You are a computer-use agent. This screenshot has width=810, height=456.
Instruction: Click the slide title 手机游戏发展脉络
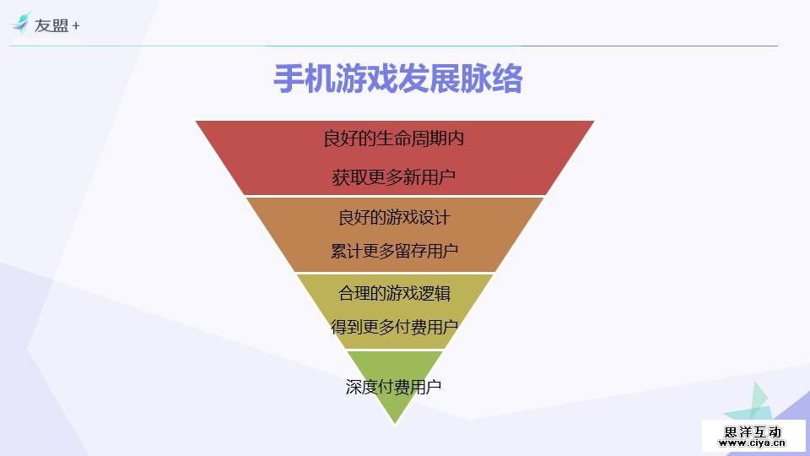[398, 79]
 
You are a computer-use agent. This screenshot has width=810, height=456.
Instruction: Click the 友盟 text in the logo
[51, 25]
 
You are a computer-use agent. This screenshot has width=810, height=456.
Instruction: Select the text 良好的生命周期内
[394, 138]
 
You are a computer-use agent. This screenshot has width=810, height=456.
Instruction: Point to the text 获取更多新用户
[394, 177]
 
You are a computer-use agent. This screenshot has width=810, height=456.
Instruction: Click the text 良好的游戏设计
[394, 217]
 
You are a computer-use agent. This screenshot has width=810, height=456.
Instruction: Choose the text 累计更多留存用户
[394, 252]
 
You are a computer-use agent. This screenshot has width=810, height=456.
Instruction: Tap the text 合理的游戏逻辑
[394, 293]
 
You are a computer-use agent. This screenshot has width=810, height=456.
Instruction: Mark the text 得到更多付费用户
[394, 328]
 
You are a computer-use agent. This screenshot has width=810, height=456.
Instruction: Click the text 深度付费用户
[394, 388]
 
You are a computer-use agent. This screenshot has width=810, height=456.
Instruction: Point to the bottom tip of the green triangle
[394, 423]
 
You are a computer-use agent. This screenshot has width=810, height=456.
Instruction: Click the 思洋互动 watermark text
[753, 432]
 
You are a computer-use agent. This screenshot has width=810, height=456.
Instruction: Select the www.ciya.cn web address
[753, 442]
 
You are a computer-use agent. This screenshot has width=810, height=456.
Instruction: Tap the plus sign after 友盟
[76, 25]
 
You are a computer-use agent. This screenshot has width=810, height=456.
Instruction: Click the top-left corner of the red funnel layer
[197, 122]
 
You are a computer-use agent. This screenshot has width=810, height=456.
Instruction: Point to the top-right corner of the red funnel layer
[593, 122]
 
